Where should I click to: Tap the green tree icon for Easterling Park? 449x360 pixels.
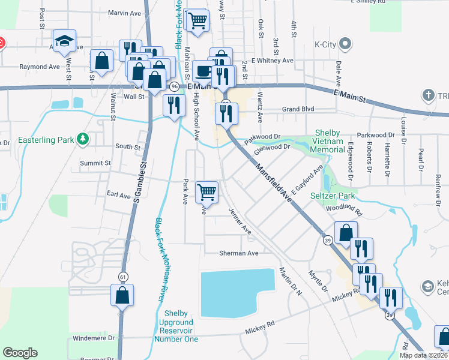(x=83, y=140)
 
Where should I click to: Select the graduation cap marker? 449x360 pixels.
(x=64, y=41)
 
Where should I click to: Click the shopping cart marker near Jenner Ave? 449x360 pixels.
(x=206, y=192)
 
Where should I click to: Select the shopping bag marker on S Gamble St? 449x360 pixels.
(x=122, y=295)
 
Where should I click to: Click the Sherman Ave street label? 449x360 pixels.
(x=238, y=253)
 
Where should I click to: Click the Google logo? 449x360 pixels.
(x=20, y=352)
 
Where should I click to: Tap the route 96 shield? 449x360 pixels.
(x=173, y=86)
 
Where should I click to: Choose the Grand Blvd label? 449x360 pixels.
(x=299, y=110)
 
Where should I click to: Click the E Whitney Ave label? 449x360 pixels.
(x=272, y=61)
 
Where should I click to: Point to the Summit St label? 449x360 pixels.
(x=95, y=163)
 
